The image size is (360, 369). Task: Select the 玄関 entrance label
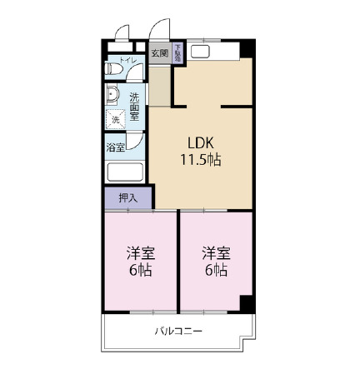(x=160, y=53)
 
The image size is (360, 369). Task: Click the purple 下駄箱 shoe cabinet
(x=177, y=53)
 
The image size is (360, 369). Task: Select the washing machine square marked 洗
(x=116, y=119)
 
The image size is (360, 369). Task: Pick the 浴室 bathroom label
(x=116, y=147)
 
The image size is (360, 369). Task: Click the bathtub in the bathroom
(x=125, y=174)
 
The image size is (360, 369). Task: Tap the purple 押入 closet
(x=127, y=198)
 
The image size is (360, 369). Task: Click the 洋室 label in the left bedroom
(x=140, y=252)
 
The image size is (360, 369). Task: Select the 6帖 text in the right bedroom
(x=215, y=270)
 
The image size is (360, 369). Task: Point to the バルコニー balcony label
(x=178, y=332)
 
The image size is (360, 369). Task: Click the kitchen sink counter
(x=207, y=52)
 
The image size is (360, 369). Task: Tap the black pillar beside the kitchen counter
(x=244, y=48)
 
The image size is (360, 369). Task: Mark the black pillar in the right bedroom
(x=245, y=303)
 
